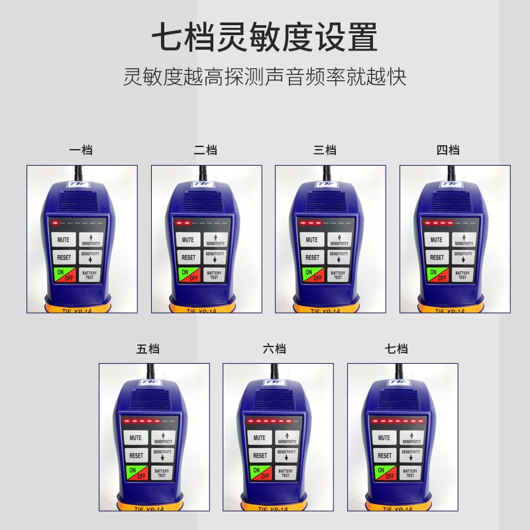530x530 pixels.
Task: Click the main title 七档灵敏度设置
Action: pyautogui.click(x=264, y=38)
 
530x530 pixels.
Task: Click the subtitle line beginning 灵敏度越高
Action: pyautogui.click(x=264, y=77)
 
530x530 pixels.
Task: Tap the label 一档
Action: pyautogui.click(x=81, y=150)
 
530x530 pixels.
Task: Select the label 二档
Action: pyautogui.click(x=205, y=150)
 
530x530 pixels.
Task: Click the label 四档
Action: pyautogui.click(x=448, y=150)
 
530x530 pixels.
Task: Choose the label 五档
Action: pyautogui.click(x=148, y=349)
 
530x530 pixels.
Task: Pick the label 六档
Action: pyautogui.click(x=274, y=349)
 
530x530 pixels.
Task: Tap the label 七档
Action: pyautogui.click(x=396, y=349)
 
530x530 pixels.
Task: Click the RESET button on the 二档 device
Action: pyautogui.click(x=189, y=257)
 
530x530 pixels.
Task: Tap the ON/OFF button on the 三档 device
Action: pyautogui.click(x=313, y=274)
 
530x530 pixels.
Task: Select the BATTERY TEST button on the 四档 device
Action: pyautogui.click(x=463, y=274)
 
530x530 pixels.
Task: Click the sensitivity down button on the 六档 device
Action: pyautogui.click(x=287, y=455)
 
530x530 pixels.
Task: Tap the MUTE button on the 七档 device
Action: pyautogui.click(x=385, y=438)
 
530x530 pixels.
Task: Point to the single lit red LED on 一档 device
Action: pyautogui.click(x=56, y=223)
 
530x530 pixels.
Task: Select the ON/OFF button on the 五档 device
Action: pyautogui.click(x=136, y=473)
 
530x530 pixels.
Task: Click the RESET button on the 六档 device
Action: pyautogui.click(x=260, y=456)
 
